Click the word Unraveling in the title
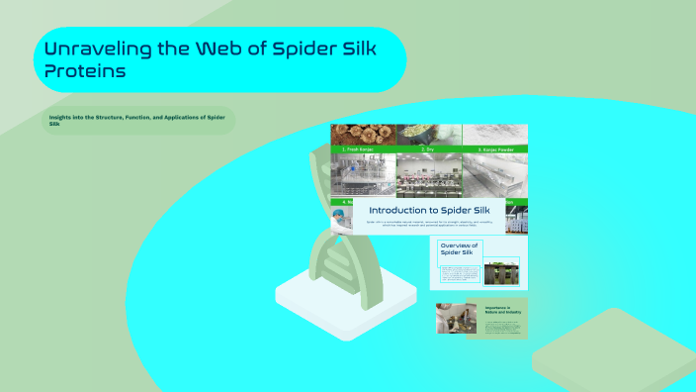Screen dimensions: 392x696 [x=95, y=49]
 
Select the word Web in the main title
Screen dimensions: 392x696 [x=222, y=49]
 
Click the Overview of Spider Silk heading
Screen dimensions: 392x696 [x=459, y=248]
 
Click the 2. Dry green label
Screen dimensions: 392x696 [x=428, y=148]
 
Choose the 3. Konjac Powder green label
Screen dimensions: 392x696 [x=495, y=148]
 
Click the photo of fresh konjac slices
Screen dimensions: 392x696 [x=362, y=134]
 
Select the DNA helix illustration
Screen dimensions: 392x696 [x=336, y=218]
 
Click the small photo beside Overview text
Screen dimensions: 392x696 [x=501, y=271]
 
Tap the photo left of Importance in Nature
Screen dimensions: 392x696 [x=457, y=319]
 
